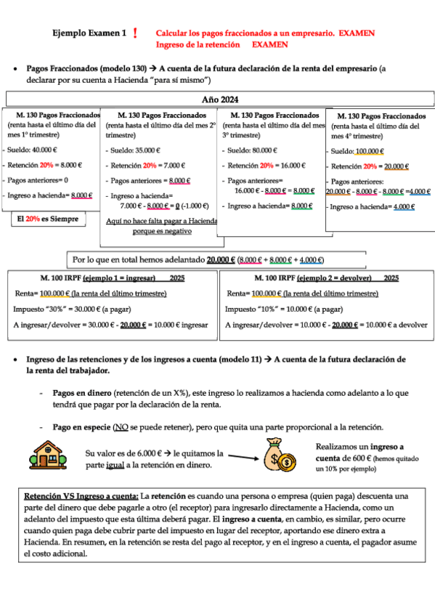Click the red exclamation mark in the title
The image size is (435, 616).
click(x=136, y=34)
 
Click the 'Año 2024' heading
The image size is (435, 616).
click(x=220, y=99)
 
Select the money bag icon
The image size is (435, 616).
click(x=280, y=458)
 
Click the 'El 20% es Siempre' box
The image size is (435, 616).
click(x=46, y=218)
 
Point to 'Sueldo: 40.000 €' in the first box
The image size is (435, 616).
click(x=34, y=150)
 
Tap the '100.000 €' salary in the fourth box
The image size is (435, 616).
click(x=370, y=151)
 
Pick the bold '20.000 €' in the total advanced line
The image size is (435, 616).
click(x=221, y=259)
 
